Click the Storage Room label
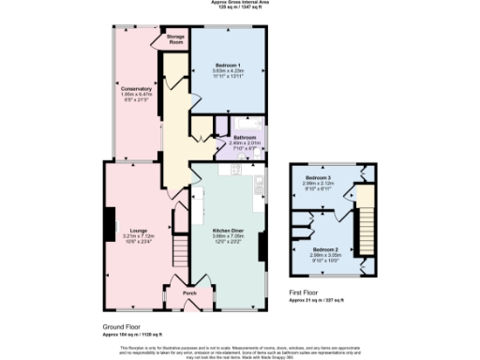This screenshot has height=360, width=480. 175,39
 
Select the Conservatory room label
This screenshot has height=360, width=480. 137,89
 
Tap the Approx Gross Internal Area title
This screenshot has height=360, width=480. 241,3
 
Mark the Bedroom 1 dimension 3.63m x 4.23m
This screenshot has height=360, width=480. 228,70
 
